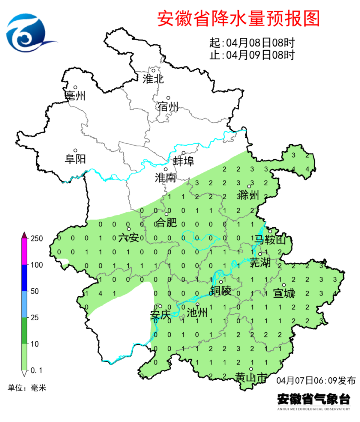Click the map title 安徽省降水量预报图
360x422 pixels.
tap(238, 18)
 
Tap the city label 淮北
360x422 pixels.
tap(153, 79)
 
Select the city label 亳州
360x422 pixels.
tap(75, 96)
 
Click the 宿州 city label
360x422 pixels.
tap(168, 107)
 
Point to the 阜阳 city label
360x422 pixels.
tap(75, 159)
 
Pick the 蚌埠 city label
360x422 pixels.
tap(184, 161)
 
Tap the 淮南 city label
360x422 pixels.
tap(165, 178)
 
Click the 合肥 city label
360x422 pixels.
tap(166, 223)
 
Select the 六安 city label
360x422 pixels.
tap(129, 238)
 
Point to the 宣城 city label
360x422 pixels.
tap(284, 293)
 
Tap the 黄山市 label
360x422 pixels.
tap(251, 377)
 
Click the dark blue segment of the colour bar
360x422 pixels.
tap(24, 278)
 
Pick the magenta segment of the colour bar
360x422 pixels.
tap(24, 252)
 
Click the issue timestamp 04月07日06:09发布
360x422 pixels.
tap(316, 380)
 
